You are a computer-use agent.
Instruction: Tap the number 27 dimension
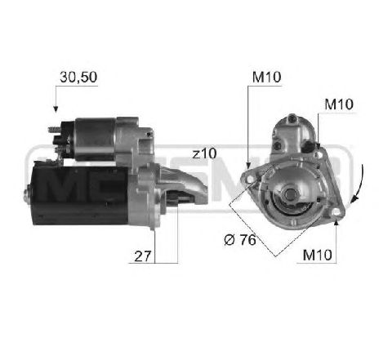click(x=143, y=255)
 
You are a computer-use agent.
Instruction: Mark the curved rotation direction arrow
click(x=357, y=184)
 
